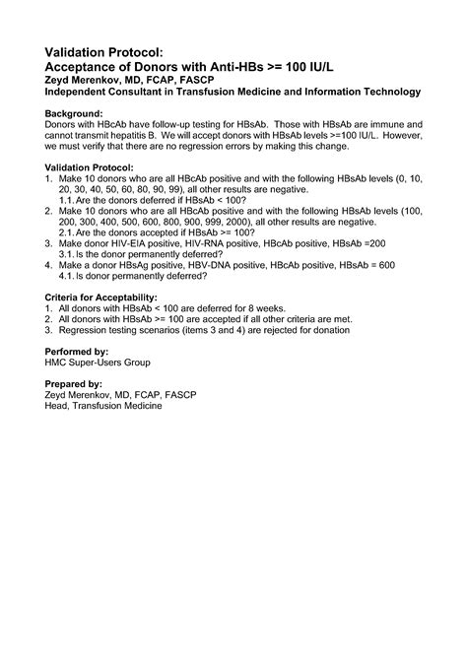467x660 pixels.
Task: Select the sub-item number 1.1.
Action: [x=68, y=200]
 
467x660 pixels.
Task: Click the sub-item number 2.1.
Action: [x=68, y=232]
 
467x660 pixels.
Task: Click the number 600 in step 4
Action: [x=385, y=265]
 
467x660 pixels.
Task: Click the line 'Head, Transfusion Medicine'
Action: [x=111, y=405]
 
